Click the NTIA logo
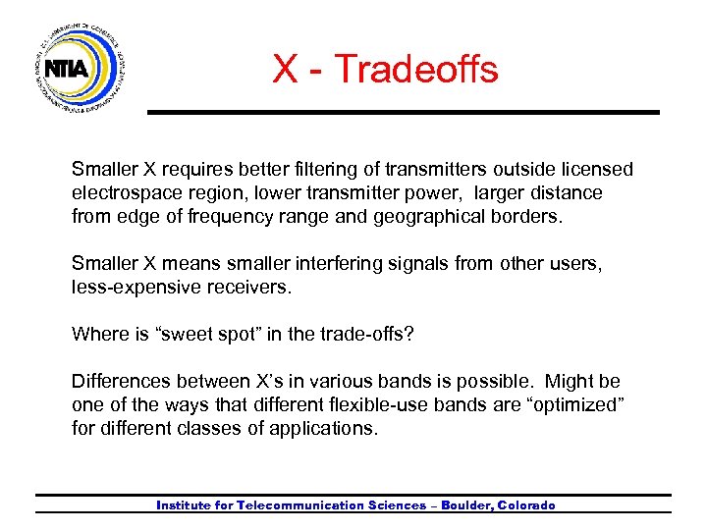81,69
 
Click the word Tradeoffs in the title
415,70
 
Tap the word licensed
598,170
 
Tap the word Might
571,381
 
